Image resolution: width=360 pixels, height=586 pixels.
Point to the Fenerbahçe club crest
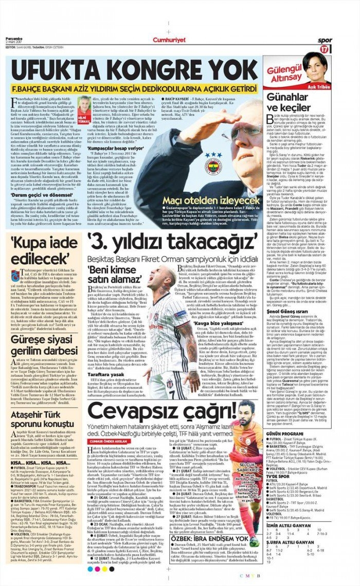click(x=213, y=165)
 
